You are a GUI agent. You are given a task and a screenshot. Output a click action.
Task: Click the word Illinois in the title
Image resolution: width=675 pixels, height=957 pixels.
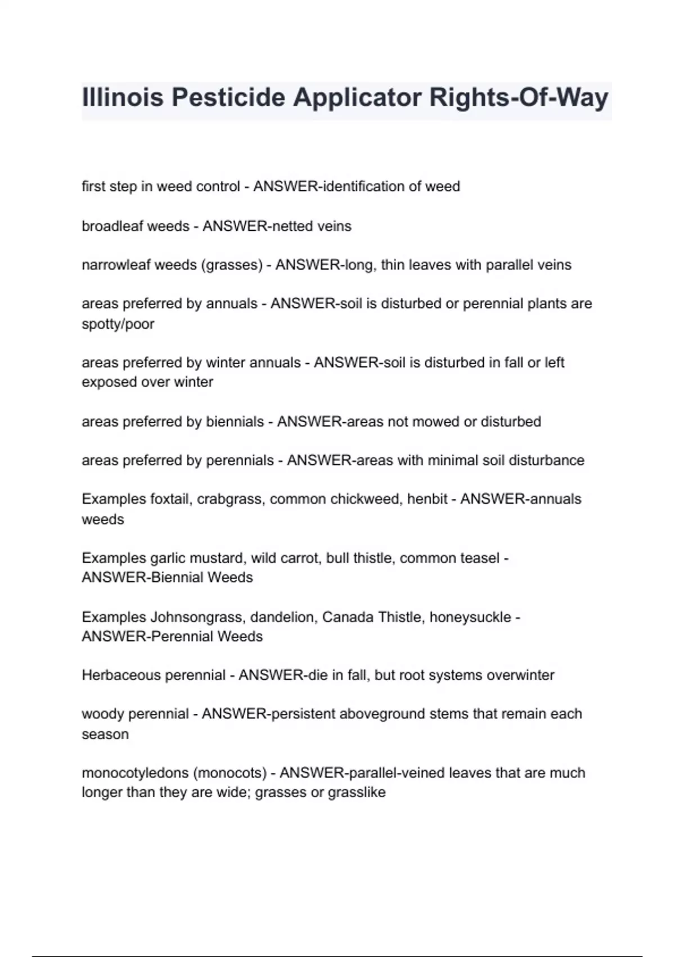click(123, 97)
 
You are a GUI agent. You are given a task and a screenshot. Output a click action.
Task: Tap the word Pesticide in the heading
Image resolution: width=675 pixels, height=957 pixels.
click(228, 97)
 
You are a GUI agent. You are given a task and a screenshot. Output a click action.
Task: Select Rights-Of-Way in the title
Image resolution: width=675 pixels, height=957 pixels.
click(519, 97)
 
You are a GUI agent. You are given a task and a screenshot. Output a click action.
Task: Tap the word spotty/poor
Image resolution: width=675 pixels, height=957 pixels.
click(118, 324)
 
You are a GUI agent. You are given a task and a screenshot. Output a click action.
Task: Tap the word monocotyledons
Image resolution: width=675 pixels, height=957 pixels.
click(135, 773)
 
